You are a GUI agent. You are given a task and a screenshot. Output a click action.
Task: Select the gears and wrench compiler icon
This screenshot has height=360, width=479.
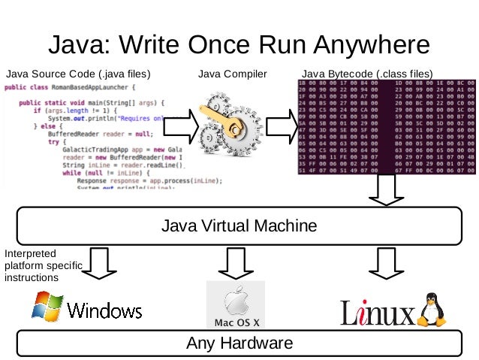point(231,124)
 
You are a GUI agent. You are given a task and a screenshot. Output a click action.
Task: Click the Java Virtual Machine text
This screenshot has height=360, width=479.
point(239,225)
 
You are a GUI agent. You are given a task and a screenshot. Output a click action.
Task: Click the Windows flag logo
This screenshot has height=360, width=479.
point(47,307)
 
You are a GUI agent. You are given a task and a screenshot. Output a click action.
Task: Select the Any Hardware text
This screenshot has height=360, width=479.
point(239,343)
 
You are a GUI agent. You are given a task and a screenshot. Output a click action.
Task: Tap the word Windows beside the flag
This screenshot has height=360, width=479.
point(104,310)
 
